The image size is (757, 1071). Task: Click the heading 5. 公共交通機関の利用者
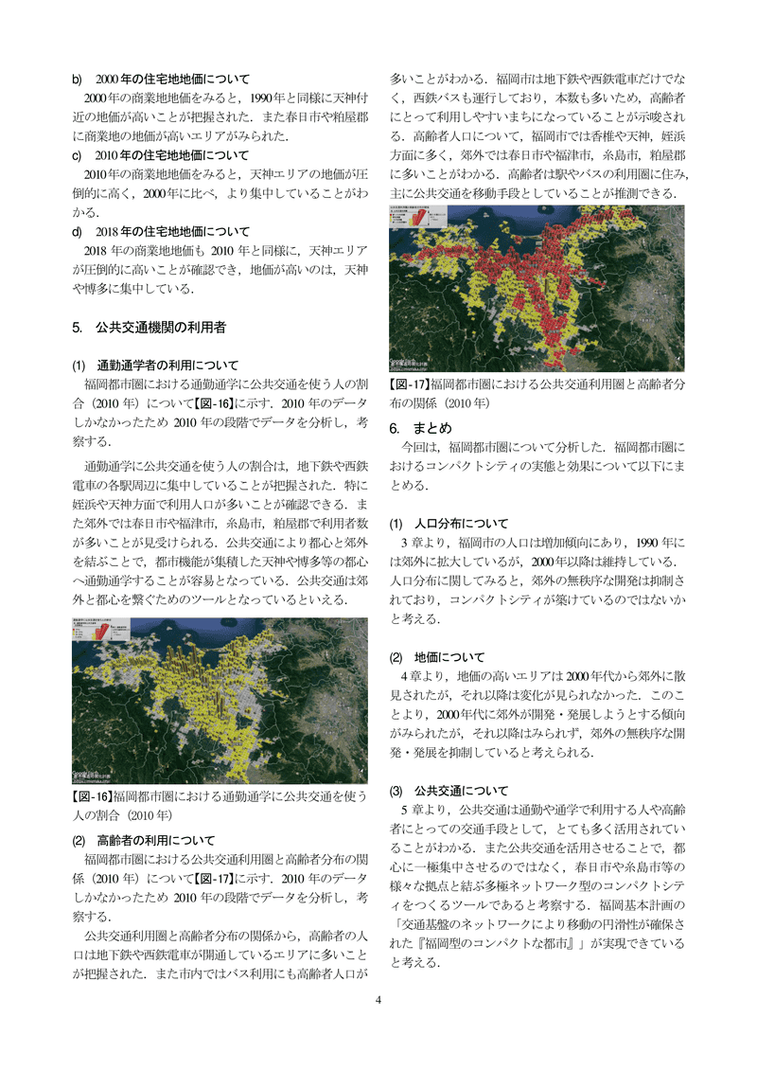coord(149,328)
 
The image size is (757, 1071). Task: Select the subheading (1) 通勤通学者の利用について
coord(155,366)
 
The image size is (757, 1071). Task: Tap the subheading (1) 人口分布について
coord(449,524)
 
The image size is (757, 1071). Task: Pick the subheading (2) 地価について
coord(437,657)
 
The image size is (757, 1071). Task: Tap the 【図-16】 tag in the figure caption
coord(93,796)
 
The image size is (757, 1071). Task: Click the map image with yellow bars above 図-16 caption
coord(220,701)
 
